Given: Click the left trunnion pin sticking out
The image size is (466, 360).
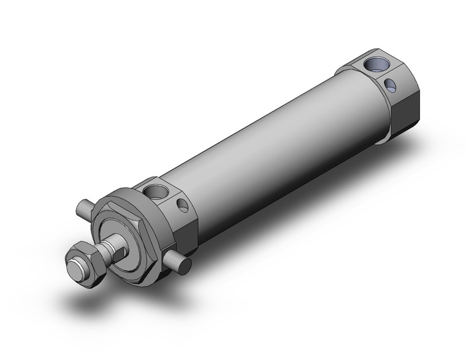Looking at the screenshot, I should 85,210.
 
